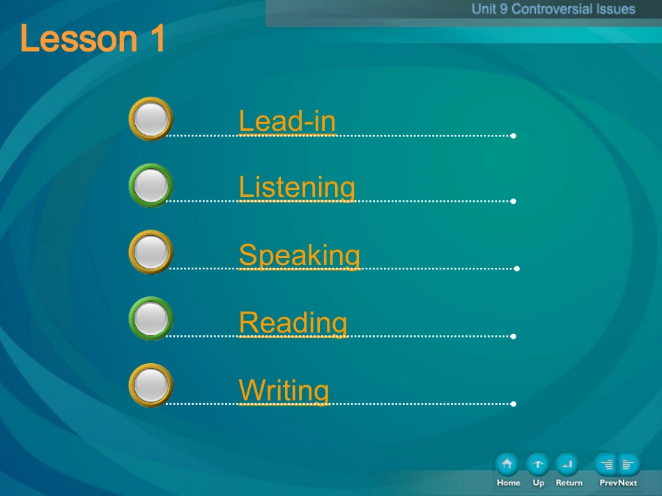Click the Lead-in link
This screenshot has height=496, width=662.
(x=287, y=121)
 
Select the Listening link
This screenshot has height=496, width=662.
(x=297, y=188)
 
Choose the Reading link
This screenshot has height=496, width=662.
(x=293, y=323)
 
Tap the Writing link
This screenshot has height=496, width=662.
(x=284, y=390)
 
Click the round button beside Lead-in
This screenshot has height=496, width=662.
(x=151, y=119)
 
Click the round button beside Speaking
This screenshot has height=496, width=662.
(x=151, y=252)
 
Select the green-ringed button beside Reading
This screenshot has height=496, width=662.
(x=151, y=319)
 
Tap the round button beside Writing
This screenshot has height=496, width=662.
(x=151, y=385)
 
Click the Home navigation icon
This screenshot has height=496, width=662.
(x=507, y=465)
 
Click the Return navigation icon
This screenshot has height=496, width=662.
(x=567, y=465)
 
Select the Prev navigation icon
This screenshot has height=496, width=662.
(x=606, y=465)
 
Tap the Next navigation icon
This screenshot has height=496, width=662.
(x=629, y=465)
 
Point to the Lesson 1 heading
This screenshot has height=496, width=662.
(x=93, y=38)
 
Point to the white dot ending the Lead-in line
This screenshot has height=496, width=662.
(x=513, y=136)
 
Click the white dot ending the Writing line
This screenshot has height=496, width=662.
(x=513, y=403)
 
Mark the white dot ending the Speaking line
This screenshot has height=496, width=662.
(x=517, y=269)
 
